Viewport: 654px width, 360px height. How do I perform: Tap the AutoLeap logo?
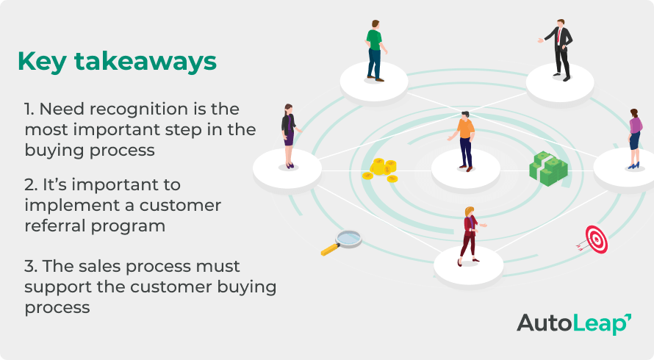[573, 323]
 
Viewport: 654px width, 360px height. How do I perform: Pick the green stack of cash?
[548, 168]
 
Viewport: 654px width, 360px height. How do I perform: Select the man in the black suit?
[561, 48]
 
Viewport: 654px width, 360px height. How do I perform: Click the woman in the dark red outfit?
[468, 236]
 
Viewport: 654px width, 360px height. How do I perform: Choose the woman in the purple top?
[634, 138]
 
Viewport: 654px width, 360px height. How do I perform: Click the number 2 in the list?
[28, 184]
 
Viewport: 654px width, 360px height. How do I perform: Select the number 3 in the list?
[29, 265]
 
